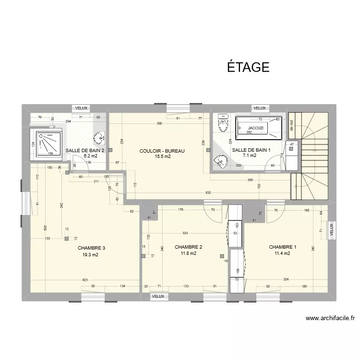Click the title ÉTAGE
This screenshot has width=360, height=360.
pyautogui.click(x=248, y=67)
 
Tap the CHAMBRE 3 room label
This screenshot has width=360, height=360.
pyautogui.click(x=91, y=248)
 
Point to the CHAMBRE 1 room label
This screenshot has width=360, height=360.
pyautogui.click(x=282, y=247)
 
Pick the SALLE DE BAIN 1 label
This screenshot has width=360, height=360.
pyautogui.click(x=251, y=150)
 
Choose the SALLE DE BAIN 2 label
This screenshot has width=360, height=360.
pyautogui.click(x=85, y=150)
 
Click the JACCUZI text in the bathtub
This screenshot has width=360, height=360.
pyautogui.click(x=256, y=128)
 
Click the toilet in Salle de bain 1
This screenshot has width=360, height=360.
pyautogui.click(x=223, y=123)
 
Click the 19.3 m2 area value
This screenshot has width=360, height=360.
pyautogui.click(x=90, y=255)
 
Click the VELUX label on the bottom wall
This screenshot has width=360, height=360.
pyautogui.click(x=158, y=296)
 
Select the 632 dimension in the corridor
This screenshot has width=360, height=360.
pyautogui.click(x=208, y=193)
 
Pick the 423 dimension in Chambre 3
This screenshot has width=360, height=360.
pyautogui.click(x=85, y=279)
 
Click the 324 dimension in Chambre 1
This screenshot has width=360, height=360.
pyautogui.click(x=286, y=279)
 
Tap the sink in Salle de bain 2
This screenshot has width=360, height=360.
pyautogui.click(x=100, y=138)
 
